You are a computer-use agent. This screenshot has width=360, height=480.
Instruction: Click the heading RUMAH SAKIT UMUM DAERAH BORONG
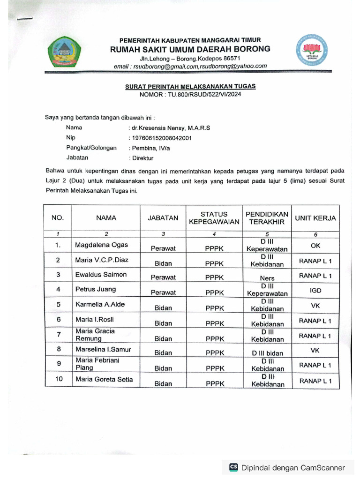pyautogui.click(x=190, y=49)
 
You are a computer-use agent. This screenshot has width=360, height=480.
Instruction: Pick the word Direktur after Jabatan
pyautogui.click(x=143, y=158)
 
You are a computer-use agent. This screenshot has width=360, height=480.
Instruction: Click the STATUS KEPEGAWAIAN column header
pyautogui.click(x=214, y=218)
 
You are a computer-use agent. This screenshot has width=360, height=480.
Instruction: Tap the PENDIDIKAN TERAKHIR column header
pyautogui.click(x=267, y=218)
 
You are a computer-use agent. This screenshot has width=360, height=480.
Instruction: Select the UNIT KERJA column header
pyautogui.click(x=315, y=218)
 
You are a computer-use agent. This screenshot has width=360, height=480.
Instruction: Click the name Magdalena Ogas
pyautogui.click(x=101, y=245)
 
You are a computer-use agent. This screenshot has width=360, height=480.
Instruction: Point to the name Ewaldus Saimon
pyautogui.click(x=101, y=274)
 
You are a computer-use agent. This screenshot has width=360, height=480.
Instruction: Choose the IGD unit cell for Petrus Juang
pyautogui.click(x=315, y=291)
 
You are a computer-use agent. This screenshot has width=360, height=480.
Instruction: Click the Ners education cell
pyautogui.click(x=267, y=278)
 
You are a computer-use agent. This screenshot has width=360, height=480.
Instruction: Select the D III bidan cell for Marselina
pyautogui.click(x=267, y=353)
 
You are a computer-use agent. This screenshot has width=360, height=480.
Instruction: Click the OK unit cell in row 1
pyautogui.click(x=315, y=245)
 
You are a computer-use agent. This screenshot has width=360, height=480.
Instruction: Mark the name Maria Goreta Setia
pyautogui.click(x=104, y=379)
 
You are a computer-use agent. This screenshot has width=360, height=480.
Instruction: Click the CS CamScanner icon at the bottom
pyautogui.click(x=233, y=467)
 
